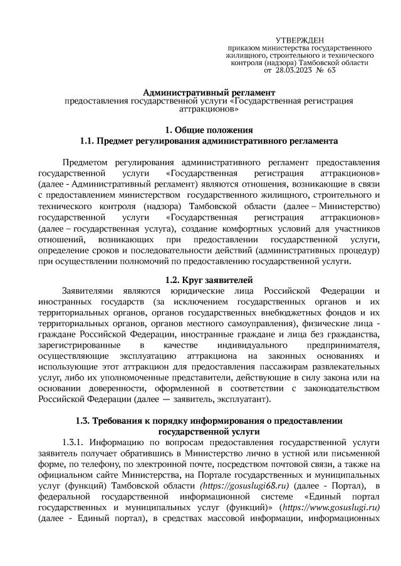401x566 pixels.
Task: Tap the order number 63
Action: [331, 71]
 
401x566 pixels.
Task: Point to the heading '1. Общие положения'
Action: [209, 130]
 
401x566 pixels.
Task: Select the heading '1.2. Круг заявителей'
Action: [209, 279]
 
